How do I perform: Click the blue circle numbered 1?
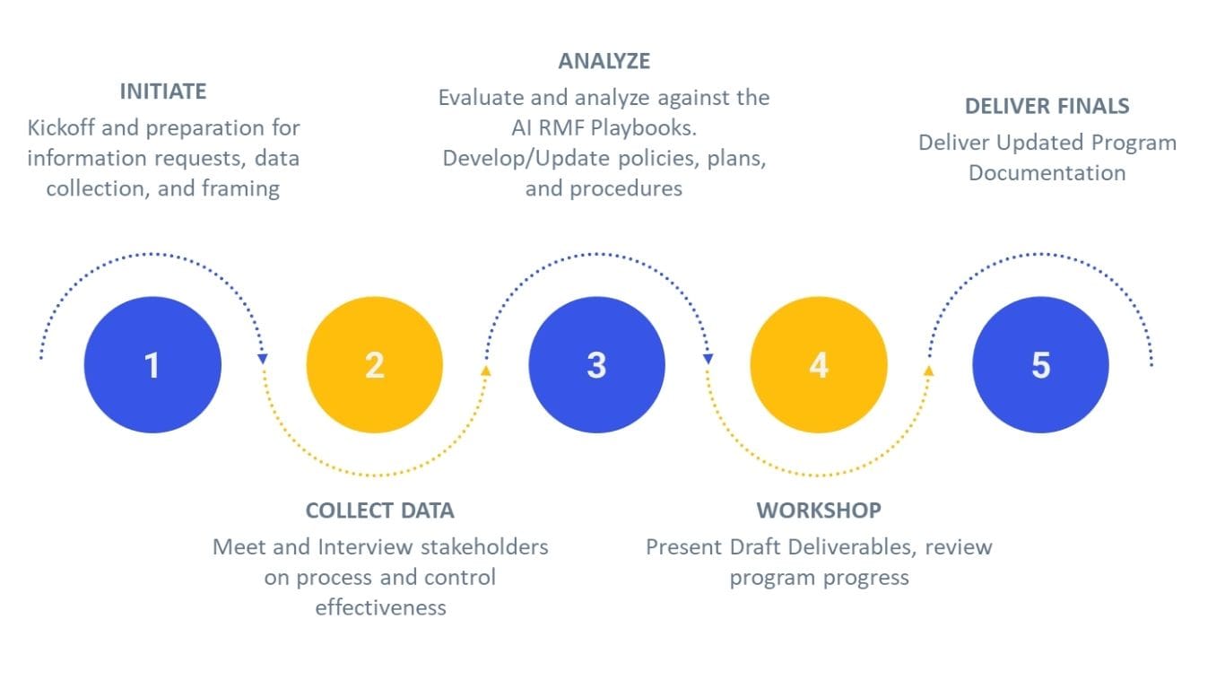pyautogui.click(x=152, y=365)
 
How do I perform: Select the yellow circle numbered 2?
pyautogui.click(x=374, y=365)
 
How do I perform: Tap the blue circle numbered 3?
pyautogui.click(x=596, y=365)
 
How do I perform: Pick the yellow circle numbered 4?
pyautogui.click(x=818, y=365)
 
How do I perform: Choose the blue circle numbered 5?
pyautogui.click(x=1040, y=365)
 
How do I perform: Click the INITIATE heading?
pyautogui.click(x=163, y=92)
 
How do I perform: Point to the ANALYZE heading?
pyautogui.click(x=604, y=61)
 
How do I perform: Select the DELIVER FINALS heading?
pyautogui.click(x=1047, y=106)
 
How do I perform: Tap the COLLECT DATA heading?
pyautogui.click(x=379, y=510)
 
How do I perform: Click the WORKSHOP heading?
pyautogui.click(x=819, y=510)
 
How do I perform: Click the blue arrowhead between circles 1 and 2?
pyautogui.click(x=263, y=359)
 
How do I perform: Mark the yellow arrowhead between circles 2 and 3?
pyautogui.click(x=486, y=369)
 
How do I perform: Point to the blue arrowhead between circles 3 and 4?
pyautogui.click(x=708, y=359)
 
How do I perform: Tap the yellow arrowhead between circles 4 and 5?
pyautogui.click(x=929, y=369)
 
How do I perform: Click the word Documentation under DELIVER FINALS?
pyautogui.click(x=1047, y=172)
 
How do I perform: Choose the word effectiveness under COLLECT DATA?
pyautogui.click(x=379, y=607)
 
